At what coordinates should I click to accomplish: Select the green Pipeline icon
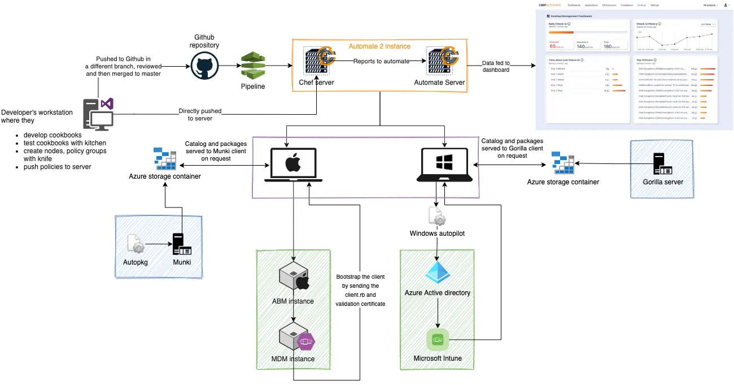click(252, 66)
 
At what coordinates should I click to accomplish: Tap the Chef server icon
click(316, 61)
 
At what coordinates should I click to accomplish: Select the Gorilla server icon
click(662, 163)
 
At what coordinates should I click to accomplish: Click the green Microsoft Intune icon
click(438, 340)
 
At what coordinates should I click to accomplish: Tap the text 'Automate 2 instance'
click(379, 46)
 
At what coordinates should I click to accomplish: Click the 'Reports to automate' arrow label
click(381, 61)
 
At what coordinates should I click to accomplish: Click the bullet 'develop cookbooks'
click(53, 135)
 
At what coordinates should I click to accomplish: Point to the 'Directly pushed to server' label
click(200, 115)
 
